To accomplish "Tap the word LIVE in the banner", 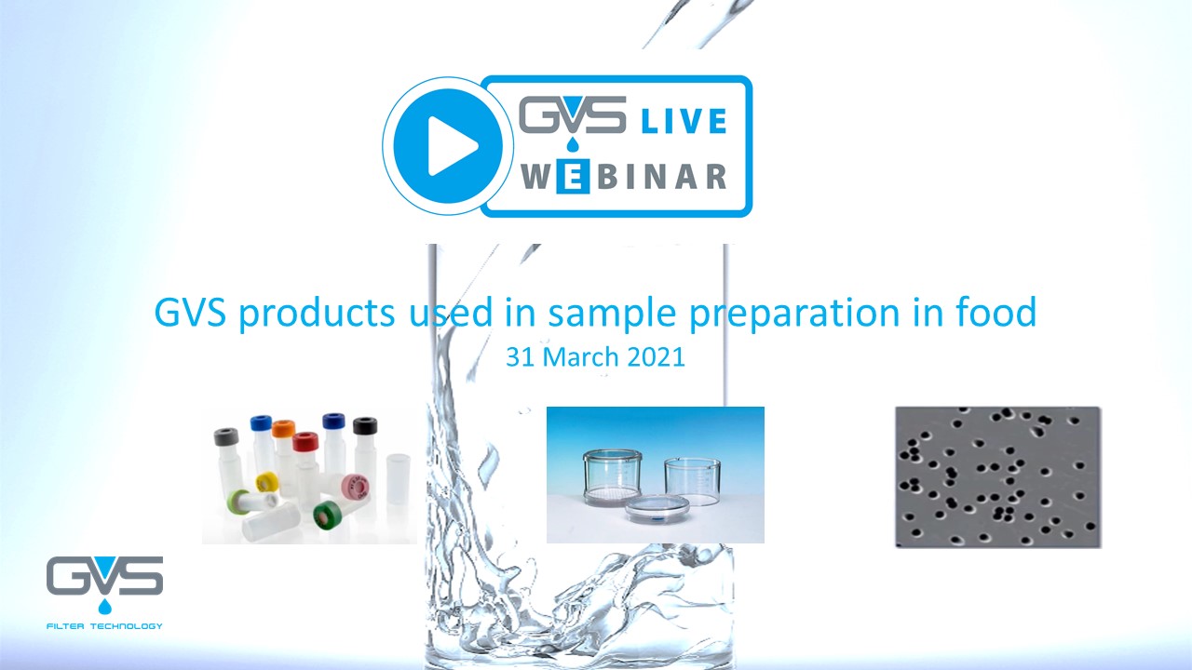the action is [684, 121].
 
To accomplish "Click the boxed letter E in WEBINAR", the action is [572, 177].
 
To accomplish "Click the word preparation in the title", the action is [794, 315].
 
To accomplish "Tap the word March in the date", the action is [582, 356].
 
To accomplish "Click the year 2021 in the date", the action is [657, 356].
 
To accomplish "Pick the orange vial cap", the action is [284, 429].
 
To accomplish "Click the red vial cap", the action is [305, 442].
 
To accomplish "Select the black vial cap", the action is [365, 425].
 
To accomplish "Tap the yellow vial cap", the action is [266, 482].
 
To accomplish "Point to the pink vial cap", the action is [355, 489].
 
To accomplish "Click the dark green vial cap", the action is [327, 515].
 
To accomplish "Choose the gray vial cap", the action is [226, 436].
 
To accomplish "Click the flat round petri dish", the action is [657, 508].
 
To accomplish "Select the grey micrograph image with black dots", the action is [998, 477].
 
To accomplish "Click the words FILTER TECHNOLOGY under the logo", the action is [105, 626].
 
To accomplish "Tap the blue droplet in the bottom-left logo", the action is [105, 606].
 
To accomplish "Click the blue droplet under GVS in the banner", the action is [573, 144].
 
